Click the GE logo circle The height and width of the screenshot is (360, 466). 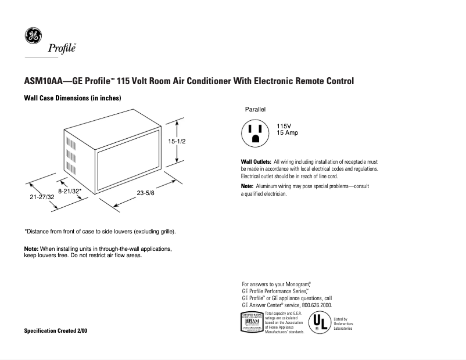coord(33,35)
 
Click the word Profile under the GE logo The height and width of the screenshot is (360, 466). coord(62,48)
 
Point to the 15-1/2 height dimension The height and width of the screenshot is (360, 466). coord(177,141)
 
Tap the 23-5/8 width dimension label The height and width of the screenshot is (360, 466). coord(146,192)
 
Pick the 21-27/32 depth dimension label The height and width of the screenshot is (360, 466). coord(42,197)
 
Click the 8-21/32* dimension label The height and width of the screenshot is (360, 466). coord(70,190)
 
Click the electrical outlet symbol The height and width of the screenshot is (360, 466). coord(255,133)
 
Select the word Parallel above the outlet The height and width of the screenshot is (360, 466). coord(255,109)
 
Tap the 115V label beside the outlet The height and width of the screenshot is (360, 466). coord(284,126)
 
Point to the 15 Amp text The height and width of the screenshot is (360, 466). coord(287,133)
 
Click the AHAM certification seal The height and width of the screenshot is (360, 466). coord(252,322)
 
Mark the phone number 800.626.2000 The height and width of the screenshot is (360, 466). coord(317,305)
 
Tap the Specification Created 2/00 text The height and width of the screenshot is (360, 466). coord(56,331)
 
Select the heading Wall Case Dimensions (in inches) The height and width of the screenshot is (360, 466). coord(72,98)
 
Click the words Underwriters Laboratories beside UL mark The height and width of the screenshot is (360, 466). coord(343,326)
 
